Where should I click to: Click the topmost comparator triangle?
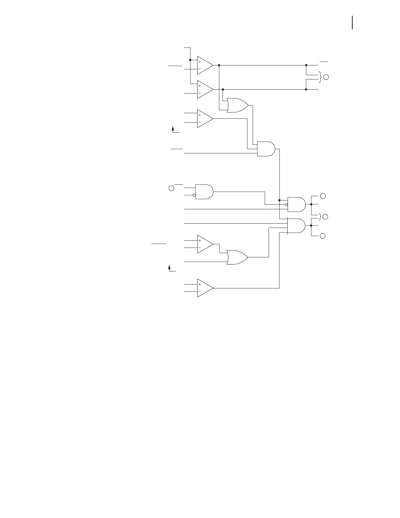pos(204,65)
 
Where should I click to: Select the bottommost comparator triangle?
pos(204,288)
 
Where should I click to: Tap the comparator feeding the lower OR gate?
pos(204,244)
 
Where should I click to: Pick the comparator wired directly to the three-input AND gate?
pos(204,119)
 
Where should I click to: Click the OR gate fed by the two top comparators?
pos(237,105)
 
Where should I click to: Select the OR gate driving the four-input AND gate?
pos(237,257)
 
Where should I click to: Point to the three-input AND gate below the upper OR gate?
pos(266,149)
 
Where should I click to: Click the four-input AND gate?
pos(296,226)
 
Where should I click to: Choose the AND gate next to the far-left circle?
pos(204,192)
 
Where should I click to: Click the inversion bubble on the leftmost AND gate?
pos(194,196)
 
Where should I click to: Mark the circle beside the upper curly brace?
pos(326,78)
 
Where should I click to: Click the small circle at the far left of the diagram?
pos(171,188)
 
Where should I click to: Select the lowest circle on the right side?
pos(323,236)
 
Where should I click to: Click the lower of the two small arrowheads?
pos(170,267)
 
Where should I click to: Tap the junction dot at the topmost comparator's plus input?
pos(190,60)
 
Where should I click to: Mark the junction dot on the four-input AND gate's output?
pos(311,225)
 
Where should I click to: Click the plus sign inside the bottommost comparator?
pos(200,285)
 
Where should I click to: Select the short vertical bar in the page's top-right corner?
pos(352,23)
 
